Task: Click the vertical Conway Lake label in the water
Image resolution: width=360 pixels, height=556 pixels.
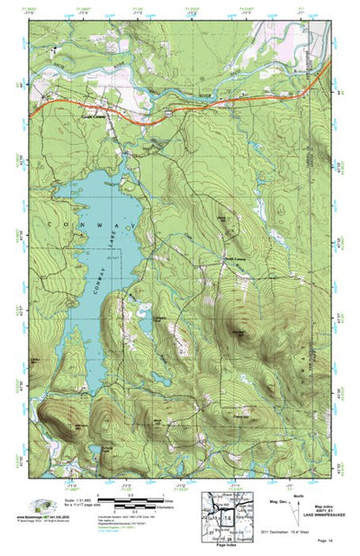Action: [x=116, y=256]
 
